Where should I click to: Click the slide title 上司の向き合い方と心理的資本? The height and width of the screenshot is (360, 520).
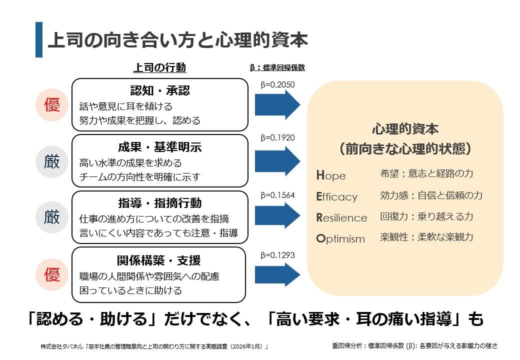point(177,39)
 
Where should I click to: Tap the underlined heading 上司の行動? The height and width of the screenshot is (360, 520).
point(159,68)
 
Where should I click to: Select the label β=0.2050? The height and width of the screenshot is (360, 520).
point(278,84)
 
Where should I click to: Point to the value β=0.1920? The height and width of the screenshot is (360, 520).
point(278,137)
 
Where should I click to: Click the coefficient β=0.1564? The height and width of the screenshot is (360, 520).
point(278,195)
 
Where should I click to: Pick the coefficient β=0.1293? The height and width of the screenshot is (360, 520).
point(278,255)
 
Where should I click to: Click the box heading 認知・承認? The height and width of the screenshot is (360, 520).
point(160,91)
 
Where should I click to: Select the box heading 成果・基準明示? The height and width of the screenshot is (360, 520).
point(160,147)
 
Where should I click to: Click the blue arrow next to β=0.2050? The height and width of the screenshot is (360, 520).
point(277,105)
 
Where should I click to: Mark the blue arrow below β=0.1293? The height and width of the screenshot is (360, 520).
point(277,274)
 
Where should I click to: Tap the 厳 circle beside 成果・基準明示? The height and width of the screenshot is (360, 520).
point(52,161)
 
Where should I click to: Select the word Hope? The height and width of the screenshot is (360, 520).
point(331,175)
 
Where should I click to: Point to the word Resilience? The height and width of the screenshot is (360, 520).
point(341,217)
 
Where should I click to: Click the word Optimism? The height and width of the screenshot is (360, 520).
point(340,238)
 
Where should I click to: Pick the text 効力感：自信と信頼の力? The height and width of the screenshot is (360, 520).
point(431,195)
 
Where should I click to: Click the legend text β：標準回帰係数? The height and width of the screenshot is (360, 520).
point(277,68)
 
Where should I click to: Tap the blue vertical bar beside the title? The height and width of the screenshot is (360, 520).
point(39,39)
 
